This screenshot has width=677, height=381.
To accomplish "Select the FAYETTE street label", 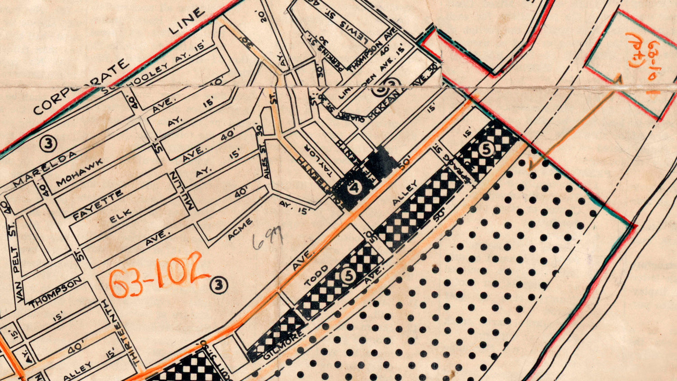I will click(98, 205).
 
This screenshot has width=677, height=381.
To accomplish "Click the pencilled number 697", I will click(268, 238).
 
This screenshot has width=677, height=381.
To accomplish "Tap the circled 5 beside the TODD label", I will click(348, 276).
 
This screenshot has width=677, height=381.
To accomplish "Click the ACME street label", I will click(240, 229).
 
